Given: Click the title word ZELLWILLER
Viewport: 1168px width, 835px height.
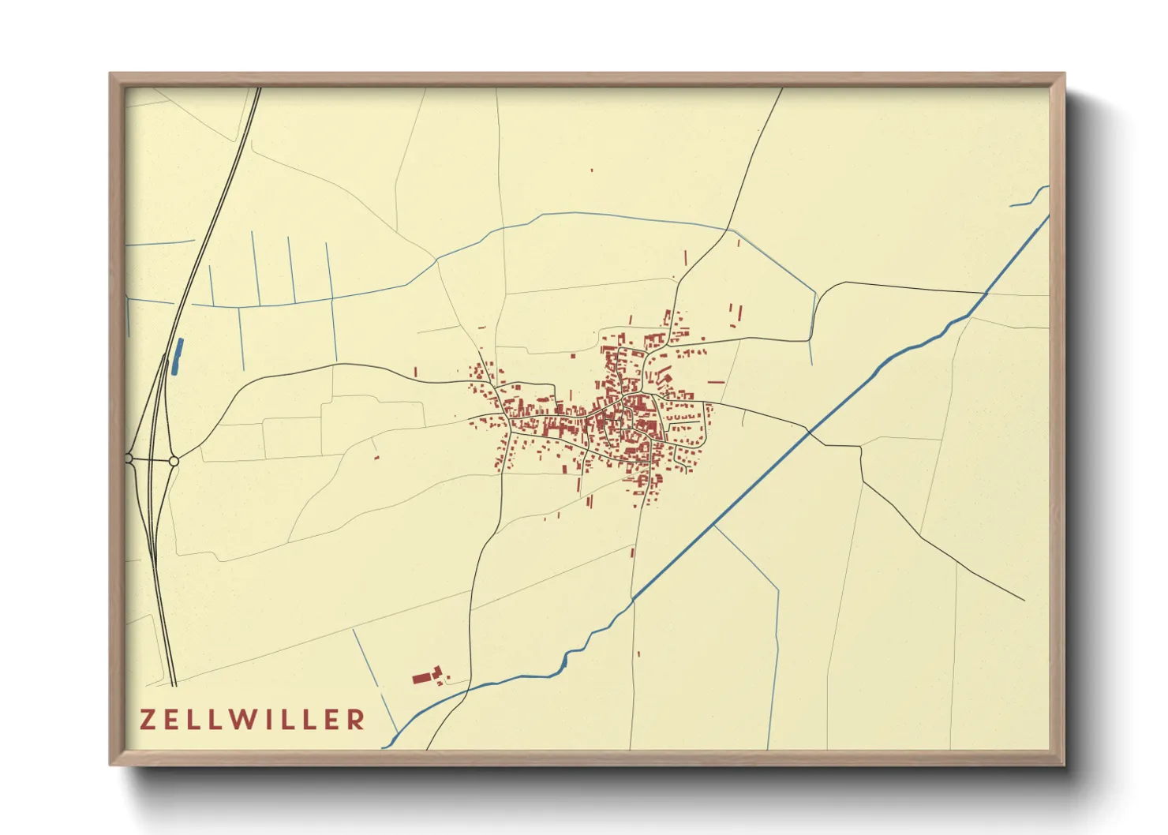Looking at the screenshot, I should pos(253,720).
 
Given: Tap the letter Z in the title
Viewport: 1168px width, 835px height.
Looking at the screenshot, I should pos(148,720).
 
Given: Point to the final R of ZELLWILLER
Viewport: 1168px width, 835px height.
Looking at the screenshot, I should pos(357,720).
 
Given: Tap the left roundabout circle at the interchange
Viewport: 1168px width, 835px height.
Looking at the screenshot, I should pos(129,458).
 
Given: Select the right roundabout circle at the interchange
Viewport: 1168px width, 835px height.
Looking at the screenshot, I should pos(174,460).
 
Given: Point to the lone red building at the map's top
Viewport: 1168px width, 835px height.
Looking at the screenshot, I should pos(592,170).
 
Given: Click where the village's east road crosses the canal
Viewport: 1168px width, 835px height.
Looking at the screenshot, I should pos(807,430).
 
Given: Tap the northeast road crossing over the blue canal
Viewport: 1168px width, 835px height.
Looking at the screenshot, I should pos(986,294).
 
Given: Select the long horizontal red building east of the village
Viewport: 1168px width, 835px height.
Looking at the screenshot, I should pos(716,382).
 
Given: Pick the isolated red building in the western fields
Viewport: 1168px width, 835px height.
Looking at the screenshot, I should pos(376,456).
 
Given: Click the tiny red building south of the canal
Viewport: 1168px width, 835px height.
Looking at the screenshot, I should pos(638,653).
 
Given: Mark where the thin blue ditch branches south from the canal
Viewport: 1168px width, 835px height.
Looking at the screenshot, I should pos(715,526).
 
